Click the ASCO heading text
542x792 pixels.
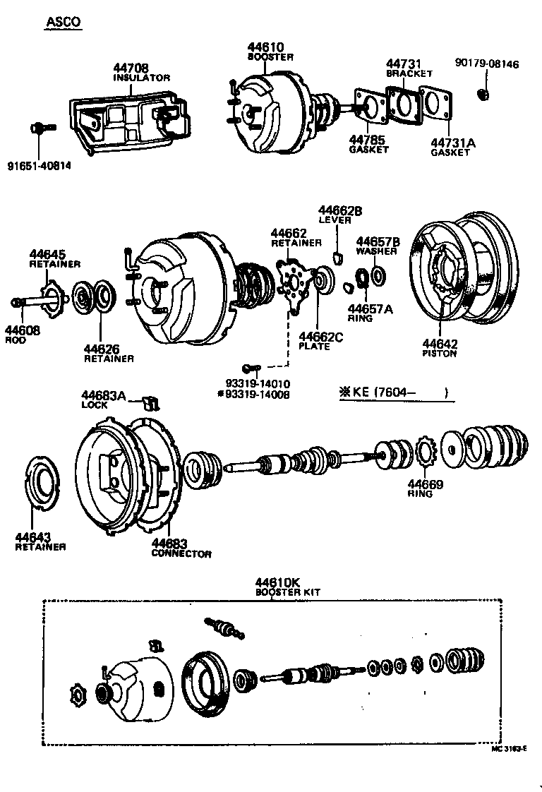point(64,22)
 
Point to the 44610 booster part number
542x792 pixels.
point(267,47)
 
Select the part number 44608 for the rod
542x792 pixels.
point(23,329)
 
